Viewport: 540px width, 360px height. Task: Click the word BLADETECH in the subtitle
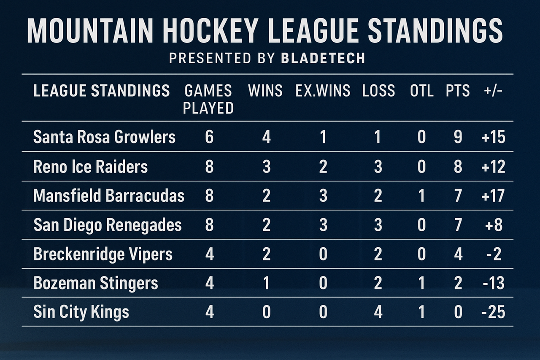click(x=323, y=58)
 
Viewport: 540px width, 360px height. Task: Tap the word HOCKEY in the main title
click(x=209, y=31)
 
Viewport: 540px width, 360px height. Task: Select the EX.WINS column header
click(x=323, y=91)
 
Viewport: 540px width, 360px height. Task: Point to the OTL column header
click(x=421, y=91)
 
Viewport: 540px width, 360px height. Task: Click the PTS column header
click(x=458, y=91)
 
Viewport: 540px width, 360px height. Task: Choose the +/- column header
click(x=493, y=91)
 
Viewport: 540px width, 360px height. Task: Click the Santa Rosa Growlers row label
click(x=104, y=137)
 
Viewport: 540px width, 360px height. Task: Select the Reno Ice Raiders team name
click(x=90, y=167)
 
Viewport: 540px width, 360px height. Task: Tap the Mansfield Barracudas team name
click(x=109, y=195)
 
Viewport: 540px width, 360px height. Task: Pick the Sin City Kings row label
click(x=81, y=312)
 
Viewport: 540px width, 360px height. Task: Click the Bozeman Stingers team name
click(x=95, y=283)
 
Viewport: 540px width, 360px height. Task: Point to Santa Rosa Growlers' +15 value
click(x=493, y=137)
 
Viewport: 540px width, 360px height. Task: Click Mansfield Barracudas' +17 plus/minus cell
click(x=493, y=195)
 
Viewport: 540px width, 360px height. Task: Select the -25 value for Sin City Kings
click(x=493, y=312)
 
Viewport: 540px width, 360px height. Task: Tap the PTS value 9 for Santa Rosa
click(x=458, y=137)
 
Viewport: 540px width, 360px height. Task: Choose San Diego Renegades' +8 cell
click(x=493, y=225)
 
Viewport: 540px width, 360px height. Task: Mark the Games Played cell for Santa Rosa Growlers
click(x=209, y=137)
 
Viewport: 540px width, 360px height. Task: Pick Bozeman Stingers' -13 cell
click(x=494, y=283)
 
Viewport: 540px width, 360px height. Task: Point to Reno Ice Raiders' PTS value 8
click(x=458, y=167)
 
